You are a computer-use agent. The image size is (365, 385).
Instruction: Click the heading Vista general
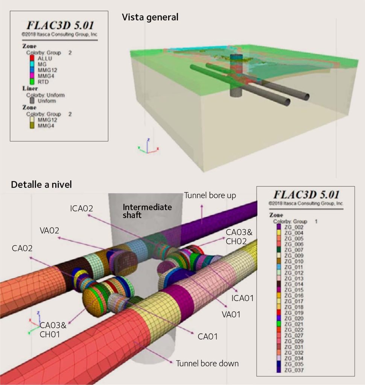[x=150, y=17]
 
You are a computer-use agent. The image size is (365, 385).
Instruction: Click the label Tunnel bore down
[x=207, y=364]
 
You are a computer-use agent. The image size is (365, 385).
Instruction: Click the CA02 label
[x=22, y=249]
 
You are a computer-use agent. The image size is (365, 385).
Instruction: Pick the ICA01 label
[x=242, y=298]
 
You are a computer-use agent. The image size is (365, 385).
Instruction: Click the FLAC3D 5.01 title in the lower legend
[x=306, y=195]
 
